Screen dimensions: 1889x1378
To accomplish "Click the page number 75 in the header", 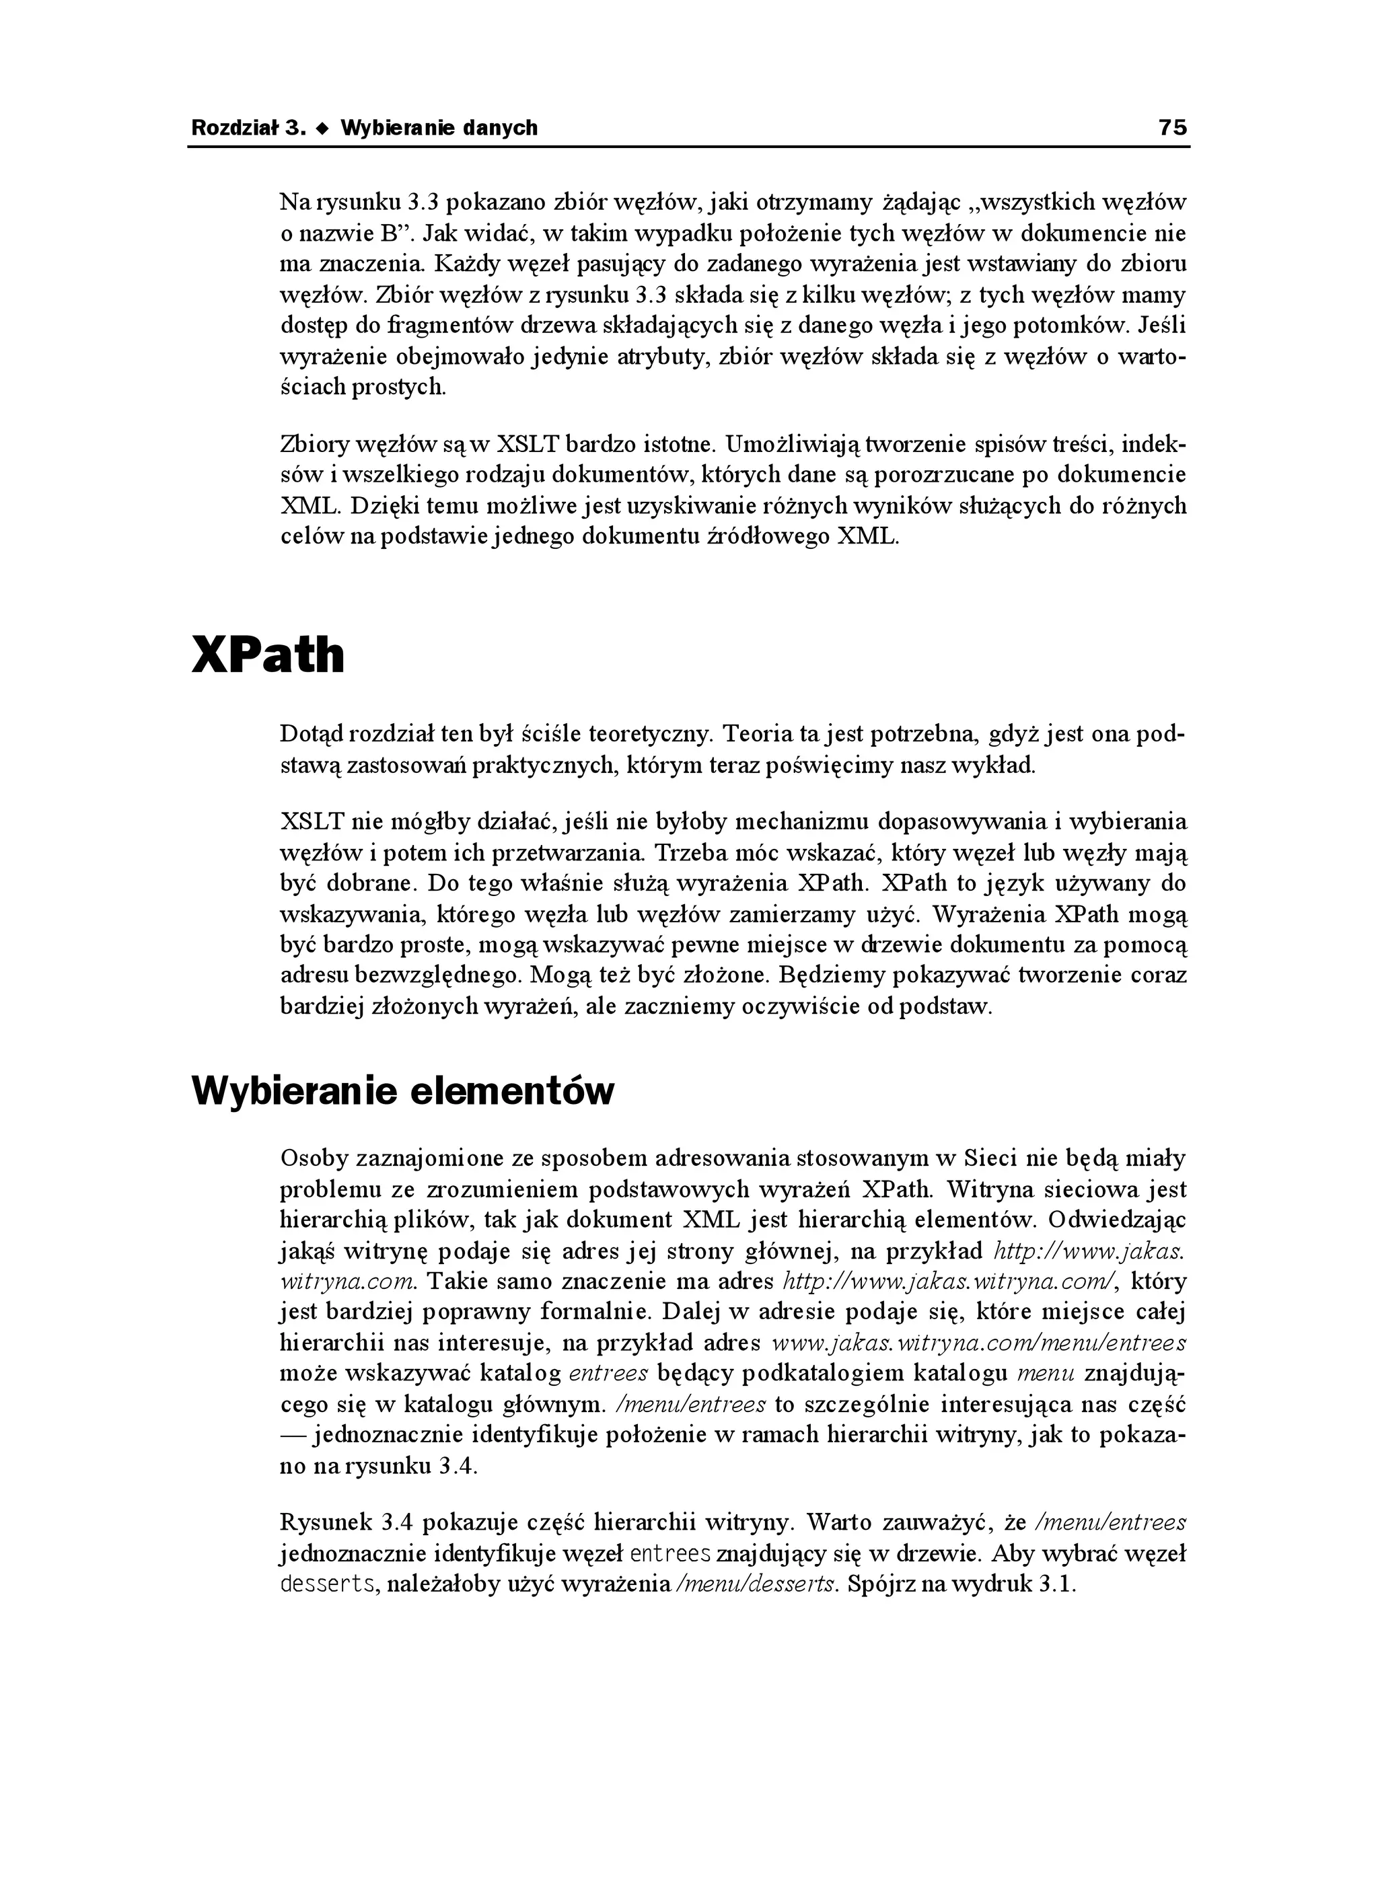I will [1172, 128].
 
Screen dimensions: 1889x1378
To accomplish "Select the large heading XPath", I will [268, 655].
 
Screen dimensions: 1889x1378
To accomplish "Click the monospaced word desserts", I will [327, 1584].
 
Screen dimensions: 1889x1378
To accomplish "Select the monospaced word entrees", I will [671, 1554].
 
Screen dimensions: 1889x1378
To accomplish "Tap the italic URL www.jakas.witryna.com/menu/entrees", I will [978, 1343].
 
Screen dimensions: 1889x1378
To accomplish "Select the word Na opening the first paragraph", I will [293, 202].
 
